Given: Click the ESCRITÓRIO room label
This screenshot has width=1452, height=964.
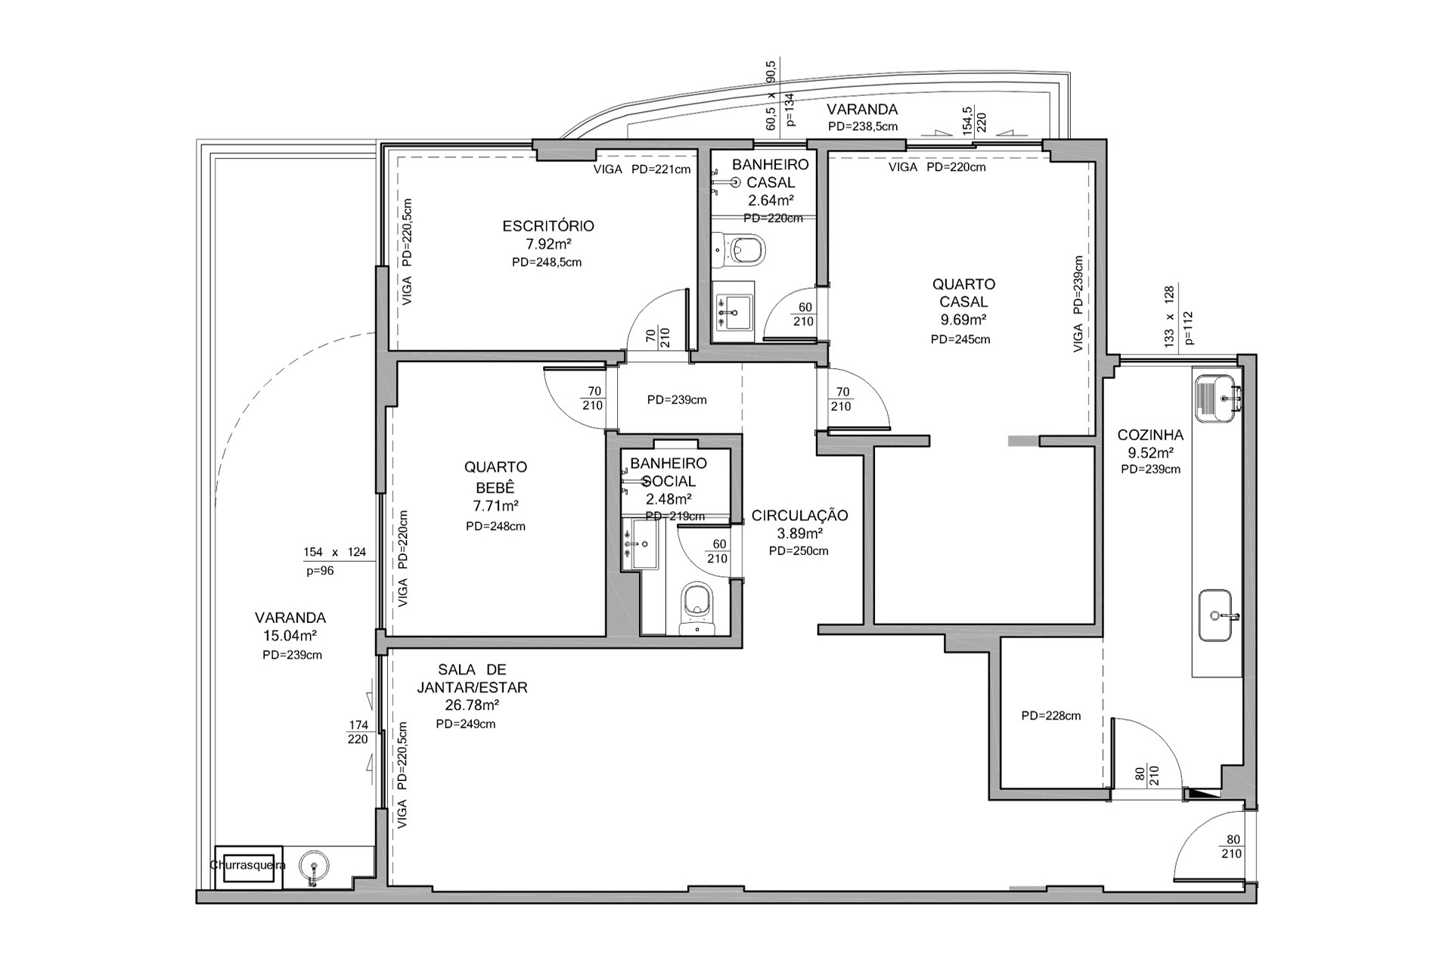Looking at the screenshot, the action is [x=548, y=225].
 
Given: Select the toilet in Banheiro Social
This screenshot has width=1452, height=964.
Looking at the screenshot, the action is [x=696, y=607].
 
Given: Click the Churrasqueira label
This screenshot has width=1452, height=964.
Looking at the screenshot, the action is [x=247, y=865].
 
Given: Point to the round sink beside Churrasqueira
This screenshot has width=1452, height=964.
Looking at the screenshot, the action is [x=313, y=865].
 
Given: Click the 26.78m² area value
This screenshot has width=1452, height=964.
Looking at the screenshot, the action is [x=472, y=705].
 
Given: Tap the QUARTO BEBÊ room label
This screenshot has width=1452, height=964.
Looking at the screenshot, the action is [x=495, y=476].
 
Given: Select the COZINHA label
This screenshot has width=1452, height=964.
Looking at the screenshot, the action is [x=1150, y=436].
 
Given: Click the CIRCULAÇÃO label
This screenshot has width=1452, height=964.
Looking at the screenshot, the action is [x=799, y=516].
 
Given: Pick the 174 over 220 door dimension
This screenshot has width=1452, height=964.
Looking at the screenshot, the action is [x=358, y=733].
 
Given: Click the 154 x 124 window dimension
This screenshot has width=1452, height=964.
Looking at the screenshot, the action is [x=334, y=552].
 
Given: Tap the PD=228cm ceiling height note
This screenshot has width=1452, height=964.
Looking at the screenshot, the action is [x=1050, y=715].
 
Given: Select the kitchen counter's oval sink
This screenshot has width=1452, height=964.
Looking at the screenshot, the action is [x=1219, y=615].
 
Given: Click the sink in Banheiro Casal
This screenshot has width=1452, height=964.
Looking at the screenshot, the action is [x=733, y=310].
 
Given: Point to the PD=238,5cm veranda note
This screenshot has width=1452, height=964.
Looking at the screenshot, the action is [x=862, y=126].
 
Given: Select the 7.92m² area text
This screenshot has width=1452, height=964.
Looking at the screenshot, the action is [x=548, y=244].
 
